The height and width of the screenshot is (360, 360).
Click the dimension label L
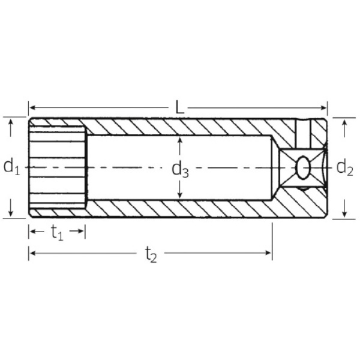tap(179, 108)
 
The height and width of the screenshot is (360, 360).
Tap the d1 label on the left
tap(11, 166)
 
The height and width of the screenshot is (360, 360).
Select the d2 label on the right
tap(344, 167)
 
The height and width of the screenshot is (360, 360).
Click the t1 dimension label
tap(56, 232)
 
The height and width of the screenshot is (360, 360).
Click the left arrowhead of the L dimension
tap(32, 108)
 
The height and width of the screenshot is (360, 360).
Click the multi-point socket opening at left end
tap(57, 166)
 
